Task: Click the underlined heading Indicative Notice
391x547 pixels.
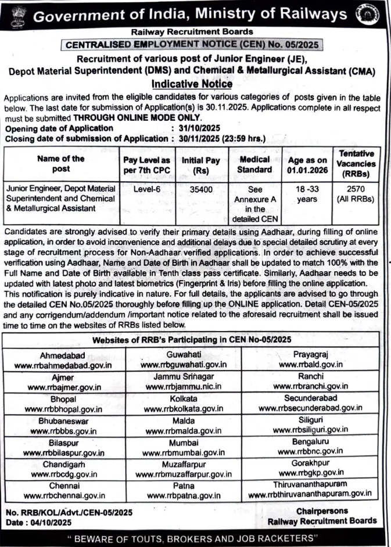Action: point(191,84)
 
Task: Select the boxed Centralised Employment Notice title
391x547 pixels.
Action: point(191,44)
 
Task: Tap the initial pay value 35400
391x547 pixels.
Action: point(200,189)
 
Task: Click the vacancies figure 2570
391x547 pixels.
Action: point(354,189)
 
